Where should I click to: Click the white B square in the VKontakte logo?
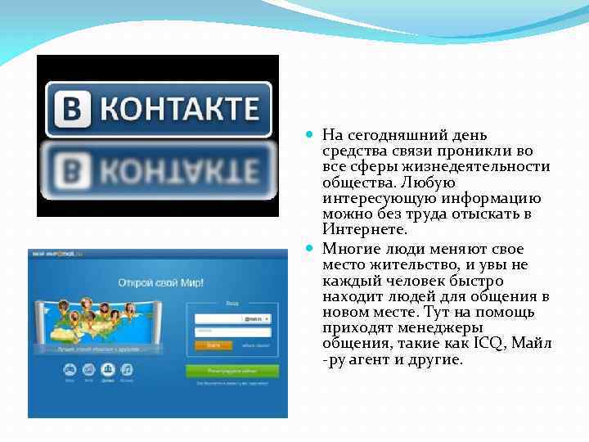[x=70, y=109]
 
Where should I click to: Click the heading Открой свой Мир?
[x=160, y=282]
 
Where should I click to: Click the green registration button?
[x=232, y=371]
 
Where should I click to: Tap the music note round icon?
[x=127, y=371]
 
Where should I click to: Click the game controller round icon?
[x=69, y=371]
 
